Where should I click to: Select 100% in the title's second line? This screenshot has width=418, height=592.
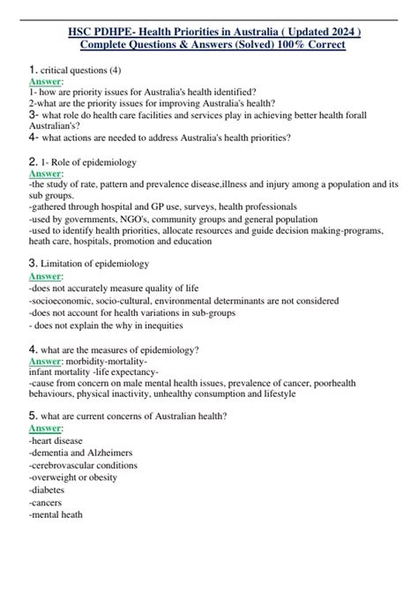[x=283, y=44]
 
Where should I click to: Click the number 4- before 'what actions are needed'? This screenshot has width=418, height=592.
[x=34, y=138]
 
